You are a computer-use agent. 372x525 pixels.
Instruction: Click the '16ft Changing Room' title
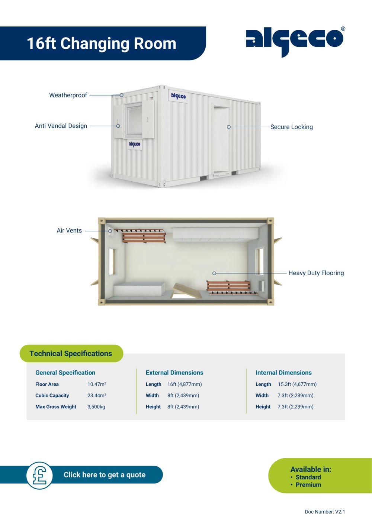102,43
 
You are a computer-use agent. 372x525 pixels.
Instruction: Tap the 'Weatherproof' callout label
68,95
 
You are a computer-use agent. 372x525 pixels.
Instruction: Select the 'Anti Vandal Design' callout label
61,126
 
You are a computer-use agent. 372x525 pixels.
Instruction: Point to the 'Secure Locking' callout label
292,127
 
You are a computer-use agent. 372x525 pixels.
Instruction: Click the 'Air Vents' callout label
69,231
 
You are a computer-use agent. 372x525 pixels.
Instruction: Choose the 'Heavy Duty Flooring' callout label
316,273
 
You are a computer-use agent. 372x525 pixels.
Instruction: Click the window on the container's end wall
134,120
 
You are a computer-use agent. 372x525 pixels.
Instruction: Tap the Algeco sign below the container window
135,144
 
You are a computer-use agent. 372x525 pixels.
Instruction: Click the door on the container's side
221,140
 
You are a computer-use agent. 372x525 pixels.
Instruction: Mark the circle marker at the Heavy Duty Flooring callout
214,273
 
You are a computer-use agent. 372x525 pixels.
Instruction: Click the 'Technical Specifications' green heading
71,353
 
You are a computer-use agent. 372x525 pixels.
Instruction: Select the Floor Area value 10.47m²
97,385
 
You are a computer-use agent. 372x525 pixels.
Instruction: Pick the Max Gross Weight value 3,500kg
96,407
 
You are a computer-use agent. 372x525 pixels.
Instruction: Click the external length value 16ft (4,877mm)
185,385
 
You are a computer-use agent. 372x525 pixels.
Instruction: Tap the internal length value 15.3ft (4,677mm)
297,385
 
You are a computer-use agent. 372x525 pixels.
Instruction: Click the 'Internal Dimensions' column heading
283,373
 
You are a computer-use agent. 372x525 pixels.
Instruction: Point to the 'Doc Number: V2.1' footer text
325,512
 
